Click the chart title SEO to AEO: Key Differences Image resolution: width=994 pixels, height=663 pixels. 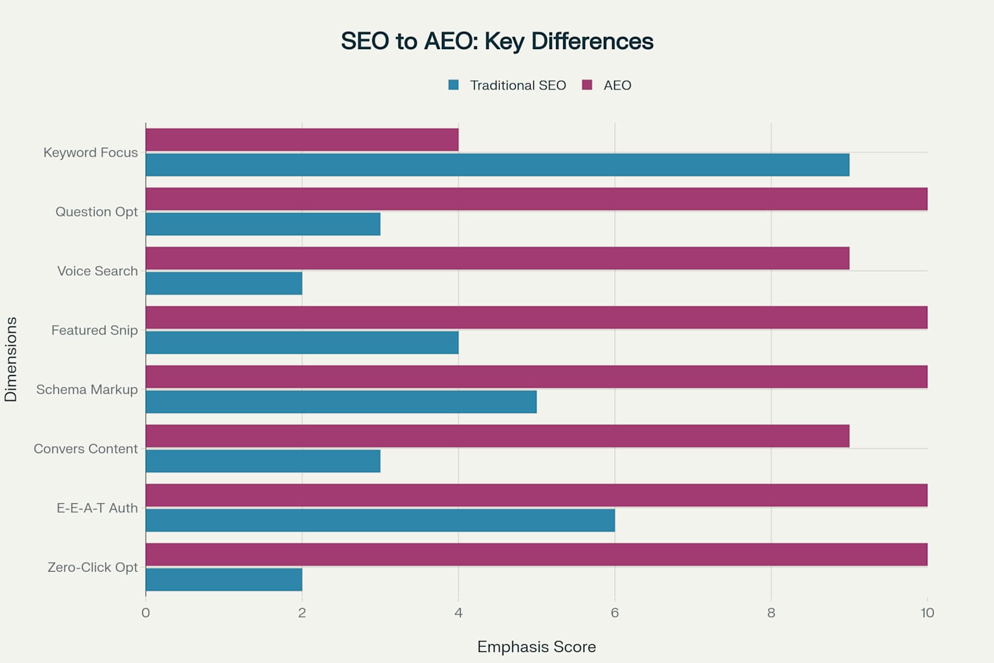click(x=497, y=41)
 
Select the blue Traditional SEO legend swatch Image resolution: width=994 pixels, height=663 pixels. click(x=454, y=85)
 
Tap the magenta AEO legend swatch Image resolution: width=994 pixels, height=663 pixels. click(x=587, y=85)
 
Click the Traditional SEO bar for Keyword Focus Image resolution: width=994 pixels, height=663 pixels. click(x=497, y=165)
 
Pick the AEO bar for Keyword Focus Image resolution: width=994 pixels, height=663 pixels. click(x=302, y=140)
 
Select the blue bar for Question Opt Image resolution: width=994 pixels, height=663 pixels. click(x=263, y=224)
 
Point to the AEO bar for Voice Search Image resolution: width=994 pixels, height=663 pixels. click(x=497, y=258)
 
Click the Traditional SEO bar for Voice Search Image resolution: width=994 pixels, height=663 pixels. click(x=224, y=284)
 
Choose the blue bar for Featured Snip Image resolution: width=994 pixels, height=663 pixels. click(x=302, y=343)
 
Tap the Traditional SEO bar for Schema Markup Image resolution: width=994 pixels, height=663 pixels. click(x=341, y=402)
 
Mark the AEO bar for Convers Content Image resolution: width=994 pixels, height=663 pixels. click(x=497, y=436)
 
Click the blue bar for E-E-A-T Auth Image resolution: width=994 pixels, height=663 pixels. click(x=380, y=521)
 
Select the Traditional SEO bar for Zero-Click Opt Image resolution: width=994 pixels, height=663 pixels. click(x=224, y=579)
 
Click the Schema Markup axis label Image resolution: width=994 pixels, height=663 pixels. click(x=87, y=390)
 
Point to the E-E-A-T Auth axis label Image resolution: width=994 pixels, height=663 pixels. click(x=97, y=508)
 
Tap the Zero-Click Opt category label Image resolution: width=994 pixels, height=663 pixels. click(x=93, y=567)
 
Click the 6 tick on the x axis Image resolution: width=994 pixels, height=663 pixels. click(x=615, y=613)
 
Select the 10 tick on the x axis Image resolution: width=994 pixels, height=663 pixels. click(x=927, y=613)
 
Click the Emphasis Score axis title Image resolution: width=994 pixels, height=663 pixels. click(x=536, y=647)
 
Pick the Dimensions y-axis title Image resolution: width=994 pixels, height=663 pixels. click(x=11, y=359)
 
